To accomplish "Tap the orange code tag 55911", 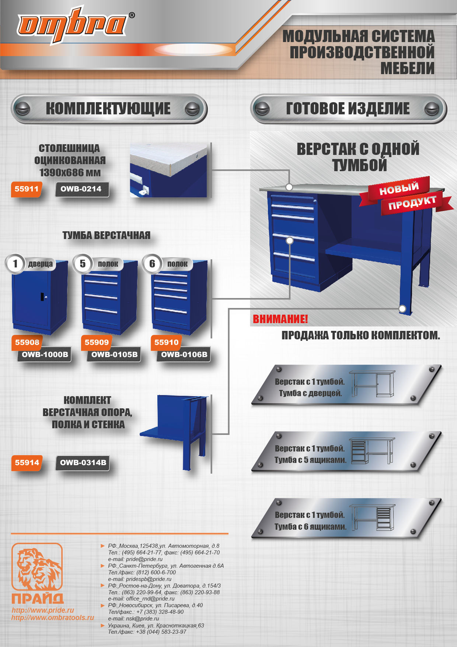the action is [26, 189].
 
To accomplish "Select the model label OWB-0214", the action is [81, 189].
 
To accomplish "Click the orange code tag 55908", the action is [27, 342].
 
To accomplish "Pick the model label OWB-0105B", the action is [114, 355].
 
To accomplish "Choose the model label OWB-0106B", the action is [184, 355].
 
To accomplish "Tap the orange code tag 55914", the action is [27, 463].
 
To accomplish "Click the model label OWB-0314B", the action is [83, 463].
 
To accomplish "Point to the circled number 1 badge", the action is [15, 264].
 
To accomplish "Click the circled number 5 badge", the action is [83, 264].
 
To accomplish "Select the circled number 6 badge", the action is [152, 264].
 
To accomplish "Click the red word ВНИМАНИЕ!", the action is [280, 319].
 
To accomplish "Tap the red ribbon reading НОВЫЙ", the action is [399, 189].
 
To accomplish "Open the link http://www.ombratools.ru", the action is [53, 617].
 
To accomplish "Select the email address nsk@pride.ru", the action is [133, 619].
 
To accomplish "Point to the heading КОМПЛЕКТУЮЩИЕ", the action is [108, 108].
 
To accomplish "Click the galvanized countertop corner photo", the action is [168, 170].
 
